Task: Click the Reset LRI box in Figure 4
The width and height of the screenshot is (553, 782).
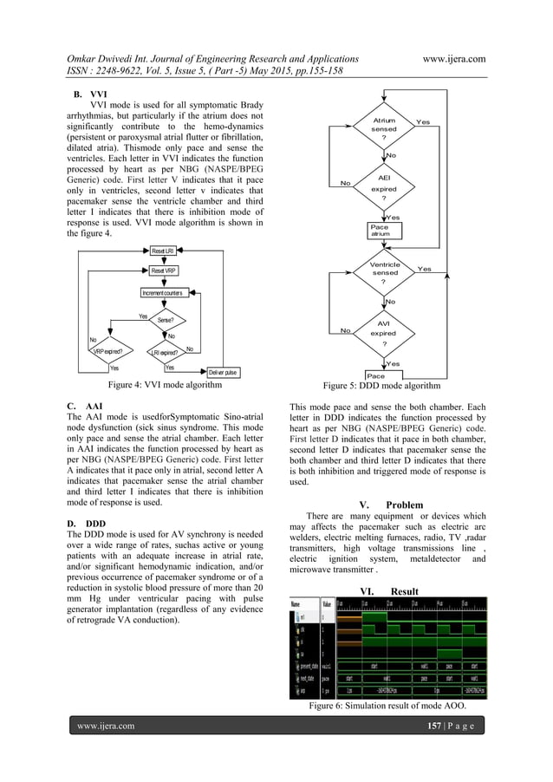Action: (163, 251)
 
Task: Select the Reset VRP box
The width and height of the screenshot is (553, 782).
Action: (163, 271)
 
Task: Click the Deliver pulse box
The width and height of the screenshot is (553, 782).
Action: (218, 373)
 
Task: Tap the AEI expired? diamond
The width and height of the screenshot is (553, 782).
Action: (383, 185)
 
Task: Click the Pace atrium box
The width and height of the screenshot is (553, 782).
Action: (380, 230)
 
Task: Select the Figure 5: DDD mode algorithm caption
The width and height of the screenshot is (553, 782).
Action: (381, 385)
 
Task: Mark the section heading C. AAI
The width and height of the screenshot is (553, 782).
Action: (81, 405)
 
